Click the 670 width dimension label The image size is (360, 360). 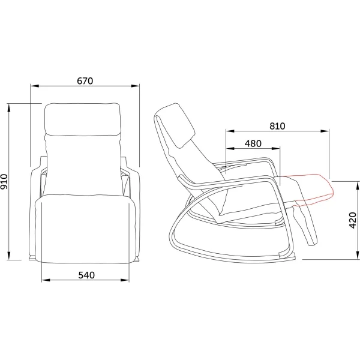tap(85, 81)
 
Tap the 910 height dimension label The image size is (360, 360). tap(4, 182)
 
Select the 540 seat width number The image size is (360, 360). tap(86, 275)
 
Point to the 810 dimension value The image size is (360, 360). tap(277, 126)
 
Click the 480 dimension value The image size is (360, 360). tap(253, 143)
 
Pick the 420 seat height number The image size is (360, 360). tap(352, 220)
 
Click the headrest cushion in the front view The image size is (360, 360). tap(82, 119)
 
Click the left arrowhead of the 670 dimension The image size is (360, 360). tap(34, 86)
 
